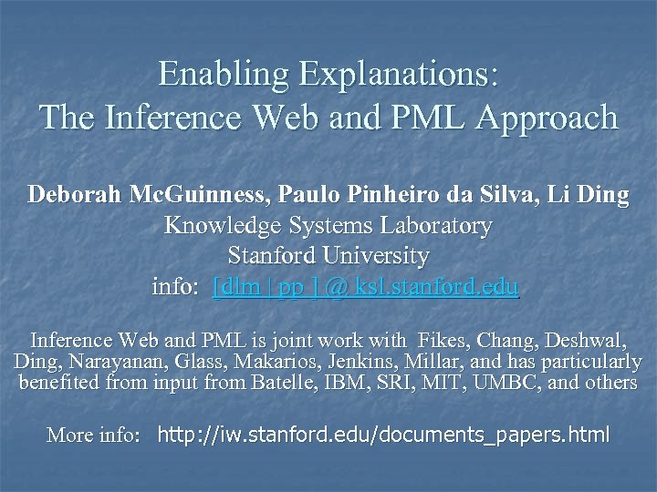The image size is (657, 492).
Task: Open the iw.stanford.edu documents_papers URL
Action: coord(383,435)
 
